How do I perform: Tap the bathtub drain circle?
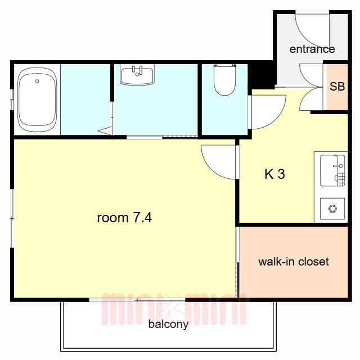(x=37, y=81)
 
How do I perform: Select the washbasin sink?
(x=137, y=75)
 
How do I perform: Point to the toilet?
(x=224, y=80)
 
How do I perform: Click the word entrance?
(x=312, y=49)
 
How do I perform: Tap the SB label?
(x=337, y=87)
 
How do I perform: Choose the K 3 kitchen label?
(x=274, y=174)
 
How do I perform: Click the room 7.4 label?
(x=124, y=218)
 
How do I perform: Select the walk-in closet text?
(x=294, y=262)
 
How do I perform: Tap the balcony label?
(x=168, y=324)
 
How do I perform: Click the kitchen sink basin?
(x=332, y=170)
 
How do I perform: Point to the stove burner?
(x=332, y=209)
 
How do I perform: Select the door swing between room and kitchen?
(x=210, y=169)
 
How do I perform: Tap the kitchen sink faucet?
(x=338, y=166)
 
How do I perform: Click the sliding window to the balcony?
(x=137, y=300)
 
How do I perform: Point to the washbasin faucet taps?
(x=137, y=70)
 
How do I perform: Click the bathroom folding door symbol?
(x=106, y=131)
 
